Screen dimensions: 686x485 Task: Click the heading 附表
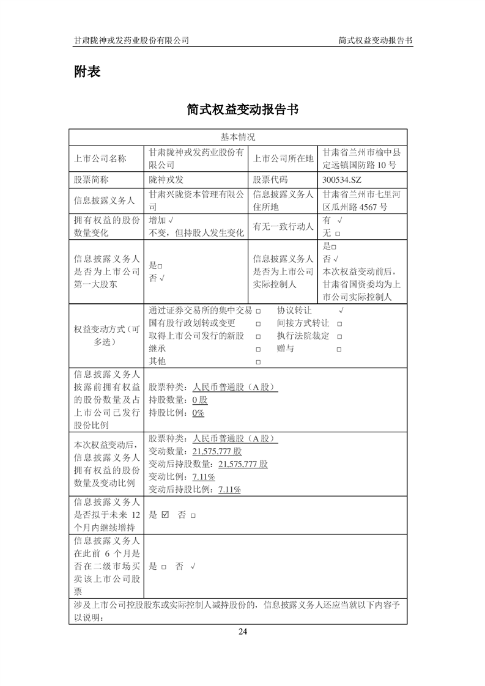pos(87,72)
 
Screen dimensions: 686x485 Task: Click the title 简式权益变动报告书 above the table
pos(243,109)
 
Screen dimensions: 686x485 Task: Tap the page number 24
pos(243,632)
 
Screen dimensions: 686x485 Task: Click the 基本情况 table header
pos(238,137)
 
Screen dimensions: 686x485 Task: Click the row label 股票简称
pos(91,180)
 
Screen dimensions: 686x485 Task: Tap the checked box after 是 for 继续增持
pos(165,515)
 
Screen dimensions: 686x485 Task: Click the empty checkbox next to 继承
pos(258,349)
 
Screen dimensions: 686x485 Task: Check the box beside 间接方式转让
pos(339,323)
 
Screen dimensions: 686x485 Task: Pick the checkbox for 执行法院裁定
pos(339,336)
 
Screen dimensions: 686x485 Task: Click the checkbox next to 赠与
pos(339,349)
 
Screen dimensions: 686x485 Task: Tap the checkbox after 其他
pos(258,362)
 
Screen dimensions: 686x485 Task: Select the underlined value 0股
pos(200,400)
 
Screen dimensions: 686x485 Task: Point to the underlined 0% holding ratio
pos(198,413)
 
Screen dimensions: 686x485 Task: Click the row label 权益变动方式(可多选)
pos(107,336)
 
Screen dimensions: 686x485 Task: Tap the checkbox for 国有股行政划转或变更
pos(258,323)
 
